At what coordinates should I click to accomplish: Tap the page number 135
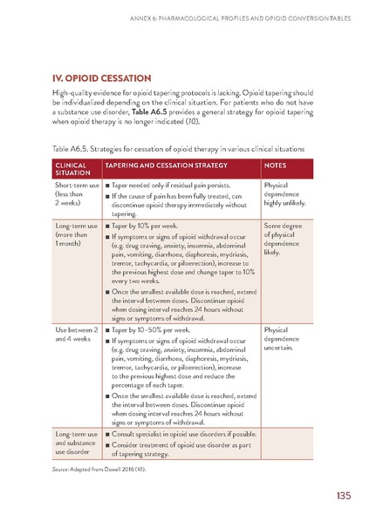342,496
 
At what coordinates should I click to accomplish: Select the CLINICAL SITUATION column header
74,168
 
